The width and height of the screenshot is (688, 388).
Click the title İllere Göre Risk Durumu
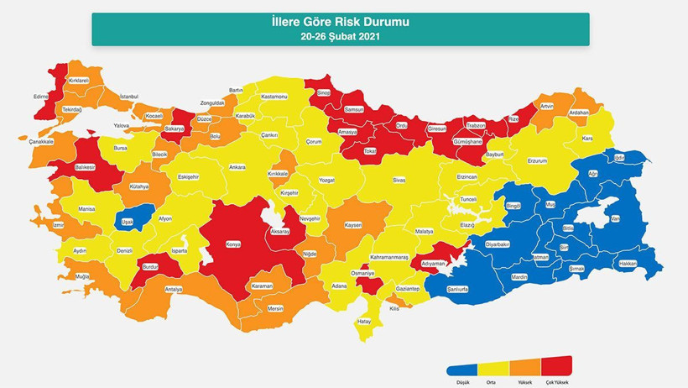pos(341,22)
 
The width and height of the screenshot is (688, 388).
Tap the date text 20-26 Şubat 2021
pos(341,36)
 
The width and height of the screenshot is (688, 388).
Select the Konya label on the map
pos(233,244)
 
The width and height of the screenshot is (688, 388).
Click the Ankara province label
pos(237,167)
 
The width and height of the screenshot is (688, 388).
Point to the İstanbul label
pos(128,97)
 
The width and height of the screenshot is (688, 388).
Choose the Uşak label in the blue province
pos(128,222)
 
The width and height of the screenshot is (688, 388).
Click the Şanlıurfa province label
pos(457,288)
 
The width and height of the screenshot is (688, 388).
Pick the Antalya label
pos(174,289)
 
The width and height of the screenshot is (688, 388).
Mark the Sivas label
pos(399,179)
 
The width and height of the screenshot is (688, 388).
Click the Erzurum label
pos(537,160)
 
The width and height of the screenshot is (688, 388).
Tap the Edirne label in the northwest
pos(41,97)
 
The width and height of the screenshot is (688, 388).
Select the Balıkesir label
pos(86,167)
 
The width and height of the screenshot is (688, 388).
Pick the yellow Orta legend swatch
pos(493,368)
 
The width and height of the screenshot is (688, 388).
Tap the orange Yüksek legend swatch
pos(524,368)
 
